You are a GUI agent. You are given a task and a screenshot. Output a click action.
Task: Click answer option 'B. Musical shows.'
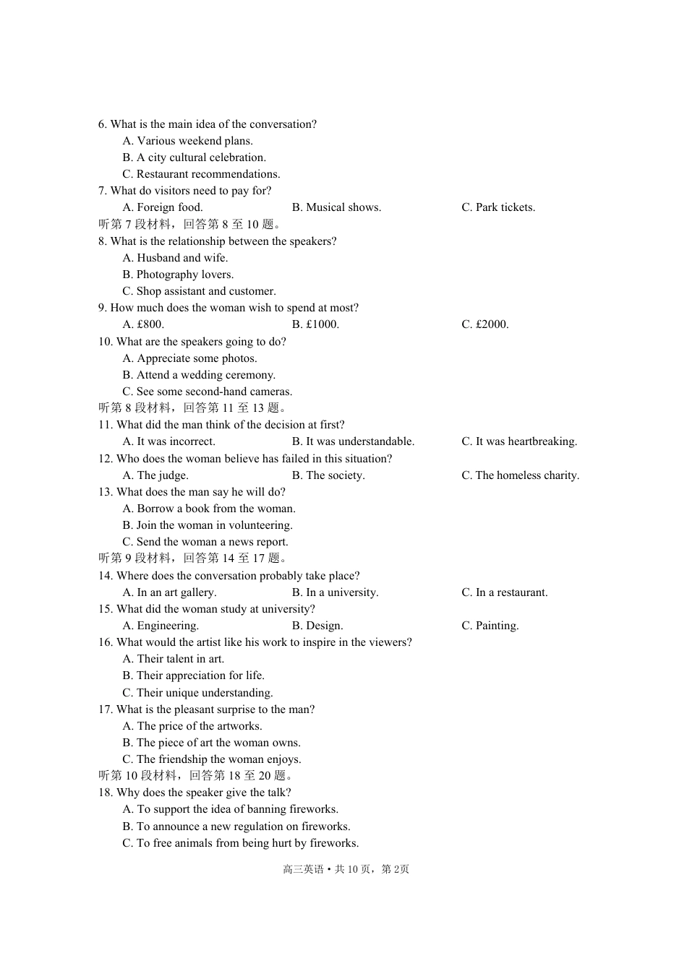pyautogui.click(x=336, y=207)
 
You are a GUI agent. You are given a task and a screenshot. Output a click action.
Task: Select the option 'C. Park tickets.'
pyautogui.click(x=498, y=207)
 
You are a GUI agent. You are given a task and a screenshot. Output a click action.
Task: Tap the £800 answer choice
pyautogui.click(x=143, y=324)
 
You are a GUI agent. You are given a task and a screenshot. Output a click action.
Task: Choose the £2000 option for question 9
pyautogui.click(x=485, y=324)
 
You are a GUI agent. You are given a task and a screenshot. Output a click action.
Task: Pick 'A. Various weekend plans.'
pyautogui.click(x=187, y=141)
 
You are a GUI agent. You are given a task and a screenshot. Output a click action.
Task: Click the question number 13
pyautogui.click(x=106, y=492)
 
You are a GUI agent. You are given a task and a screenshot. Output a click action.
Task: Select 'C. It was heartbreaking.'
pyautogui.click(x=519, y=441)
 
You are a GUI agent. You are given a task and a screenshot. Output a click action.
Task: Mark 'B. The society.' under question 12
pyautogui.click(x=328, y=475)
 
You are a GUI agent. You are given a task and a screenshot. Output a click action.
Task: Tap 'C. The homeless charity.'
pyautogui.click(x=521, y=475)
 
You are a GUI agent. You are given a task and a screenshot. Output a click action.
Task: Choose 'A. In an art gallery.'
pyautogui.click(x=169, y=592)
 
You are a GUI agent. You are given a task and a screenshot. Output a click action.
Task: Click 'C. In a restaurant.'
pyautogui.click(x=505, y=592)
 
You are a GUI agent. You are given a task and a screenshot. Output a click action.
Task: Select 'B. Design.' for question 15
pyautogui.click(x=317, y=626)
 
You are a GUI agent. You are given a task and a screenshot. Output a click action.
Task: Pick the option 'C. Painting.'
pyautogui.click(x=490, y=626)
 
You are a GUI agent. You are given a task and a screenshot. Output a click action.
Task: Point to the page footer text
pyautogui.click(x=346, y=869)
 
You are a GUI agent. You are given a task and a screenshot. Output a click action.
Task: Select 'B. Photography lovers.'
pyautogui.click(x=178, y=275)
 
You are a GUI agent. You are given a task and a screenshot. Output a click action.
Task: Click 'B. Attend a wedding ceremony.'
pyautogui.click(x=199, y=375)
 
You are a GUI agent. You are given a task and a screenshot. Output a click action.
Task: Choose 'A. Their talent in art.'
pyautogui.click(x=174, y=659)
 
